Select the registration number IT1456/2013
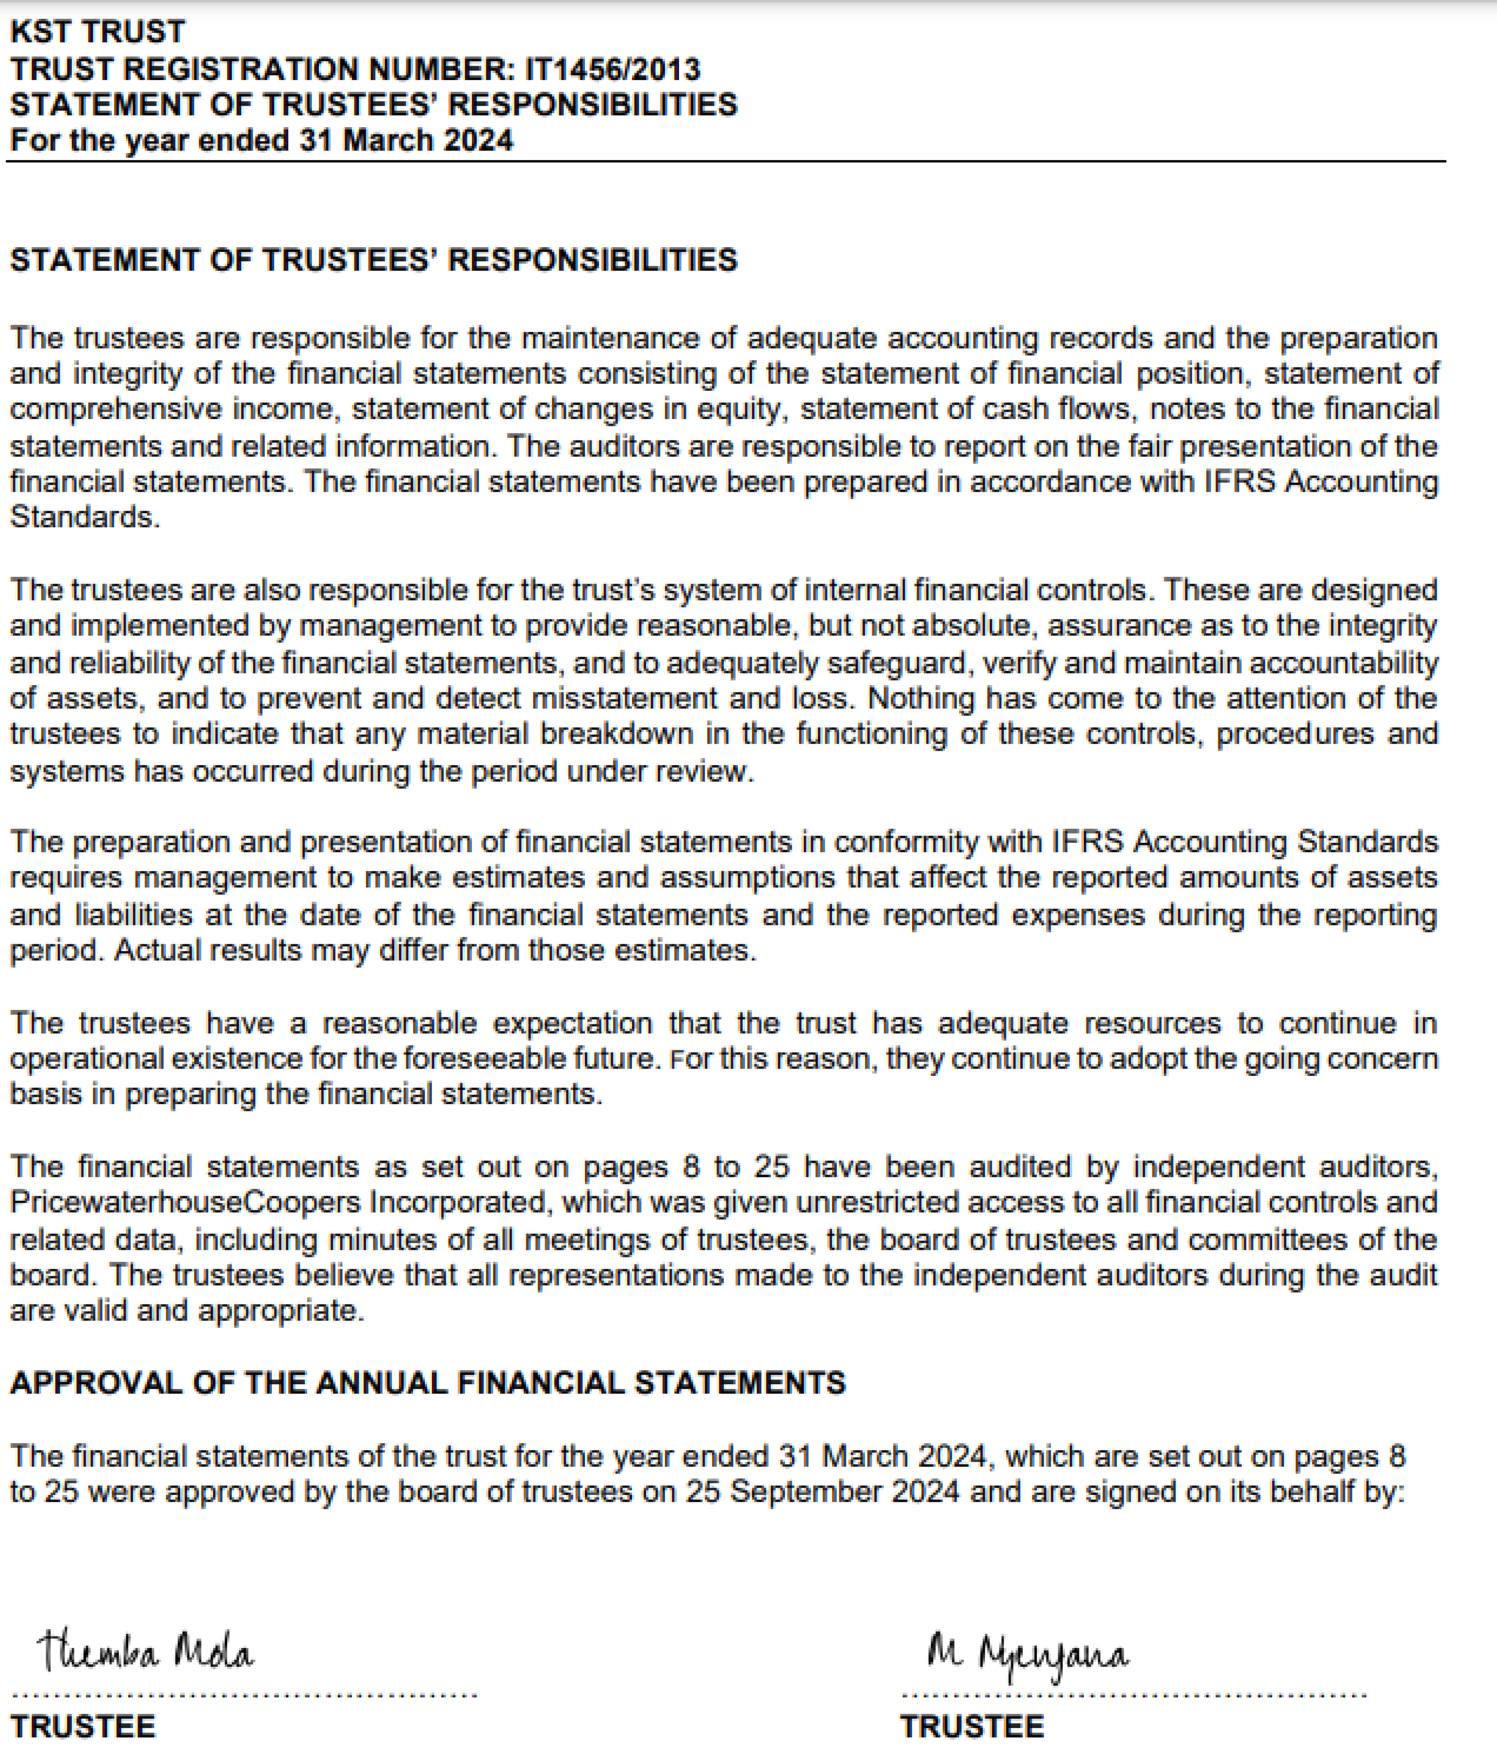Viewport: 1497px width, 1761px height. pos(613,69)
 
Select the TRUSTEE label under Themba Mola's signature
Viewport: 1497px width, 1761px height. pos(83,1727)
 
